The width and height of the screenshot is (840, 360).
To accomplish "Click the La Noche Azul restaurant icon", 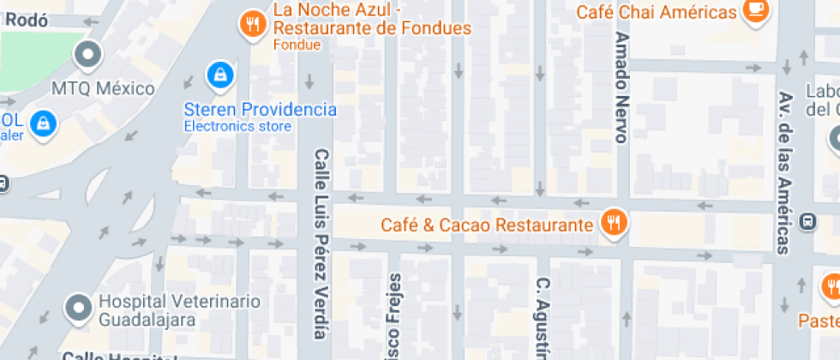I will [x=252, y=24].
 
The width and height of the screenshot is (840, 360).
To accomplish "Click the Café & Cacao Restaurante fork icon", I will [x=614, y=224].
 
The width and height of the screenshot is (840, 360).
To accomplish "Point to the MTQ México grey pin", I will [x=88, y=56].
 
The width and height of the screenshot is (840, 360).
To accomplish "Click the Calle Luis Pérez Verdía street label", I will [x=321, y=243].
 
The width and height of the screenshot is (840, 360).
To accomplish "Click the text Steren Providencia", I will [x=260, y=110].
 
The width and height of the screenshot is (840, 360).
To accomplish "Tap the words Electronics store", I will [x=237, y=126].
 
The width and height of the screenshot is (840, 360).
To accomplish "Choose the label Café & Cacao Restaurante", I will [x=487, y=225].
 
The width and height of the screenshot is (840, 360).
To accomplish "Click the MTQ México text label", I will [x=103, y=89].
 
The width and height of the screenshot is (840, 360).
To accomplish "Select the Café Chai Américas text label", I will [x=656, y=13].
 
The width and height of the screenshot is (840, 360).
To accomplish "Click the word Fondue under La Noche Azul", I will [x=297, y=45].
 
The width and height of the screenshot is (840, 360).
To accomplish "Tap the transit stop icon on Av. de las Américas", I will [x=807, y=221].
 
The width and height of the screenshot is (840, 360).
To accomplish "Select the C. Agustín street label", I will [x=542, y=317].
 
